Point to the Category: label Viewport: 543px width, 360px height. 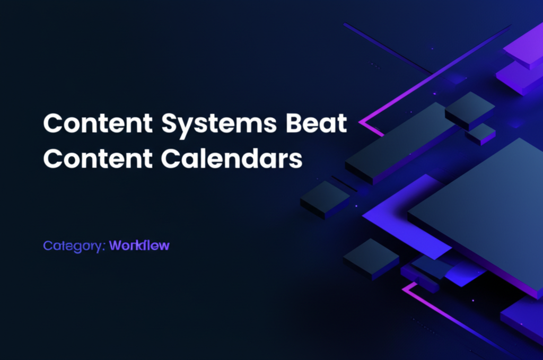(x=74, y=246)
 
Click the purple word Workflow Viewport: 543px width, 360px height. (x=139, y=245)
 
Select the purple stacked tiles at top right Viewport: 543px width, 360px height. (x=522, y=58)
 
